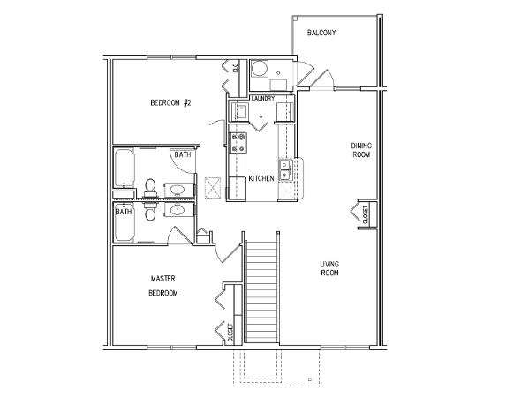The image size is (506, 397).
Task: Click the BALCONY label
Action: click(321, 33)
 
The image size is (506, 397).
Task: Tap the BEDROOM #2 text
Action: click(171, 103)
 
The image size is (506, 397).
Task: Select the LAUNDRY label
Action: click(263, 98)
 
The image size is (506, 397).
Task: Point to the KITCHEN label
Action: click(261, 178)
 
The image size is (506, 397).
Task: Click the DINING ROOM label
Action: click(361, 150)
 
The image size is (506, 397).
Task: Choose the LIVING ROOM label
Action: click(329, 269)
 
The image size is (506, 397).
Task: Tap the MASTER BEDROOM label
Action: click(163, 286)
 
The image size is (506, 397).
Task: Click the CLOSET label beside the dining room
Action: click(366, 214)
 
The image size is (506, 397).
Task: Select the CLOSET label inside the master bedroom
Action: click(230, 333)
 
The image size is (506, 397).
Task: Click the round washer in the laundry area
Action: click(259, 69)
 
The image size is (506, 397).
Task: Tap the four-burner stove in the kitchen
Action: click(238, 143)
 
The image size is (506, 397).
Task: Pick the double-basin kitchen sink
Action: click(285, 169)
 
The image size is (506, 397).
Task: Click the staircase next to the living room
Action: click(261, 291)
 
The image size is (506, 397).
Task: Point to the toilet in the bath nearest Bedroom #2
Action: click(150, 187)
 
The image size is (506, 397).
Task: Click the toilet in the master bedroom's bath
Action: click(150, 213)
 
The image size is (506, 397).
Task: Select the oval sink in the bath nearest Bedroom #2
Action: click(177, 190)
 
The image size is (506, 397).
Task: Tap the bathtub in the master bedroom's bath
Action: click(124, 222)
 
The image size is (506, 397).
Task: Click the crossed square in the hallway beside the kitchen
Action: click(213, 186)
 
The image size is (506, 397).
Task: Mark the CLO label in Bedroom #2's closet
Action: click(235, 68)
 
